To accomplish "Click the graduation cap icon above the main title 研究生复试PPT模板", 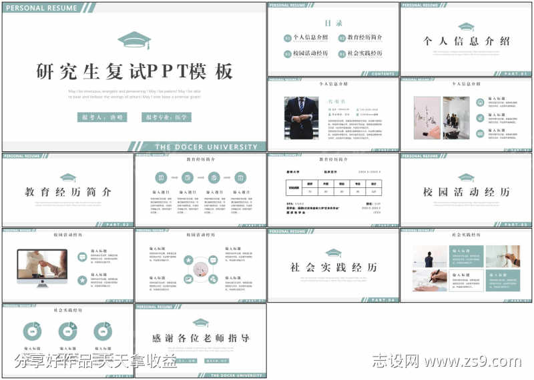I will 134,40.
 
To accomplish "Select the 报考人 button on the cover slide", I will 102,117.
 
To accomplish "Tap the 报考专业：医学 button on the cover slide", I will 166,117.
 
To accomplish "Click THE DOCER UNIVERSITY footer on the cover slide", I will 206,147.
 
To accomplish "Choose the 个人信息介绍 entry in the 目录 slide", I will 306,37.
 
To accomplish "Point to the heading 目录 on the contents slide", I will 333,23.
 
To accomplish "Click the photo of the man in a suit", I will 301,118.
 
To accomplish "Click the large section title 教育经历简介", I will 68,192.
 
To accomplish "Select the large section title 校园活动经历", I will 467,192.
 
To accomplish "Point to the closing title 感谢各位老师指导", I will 201,339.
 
